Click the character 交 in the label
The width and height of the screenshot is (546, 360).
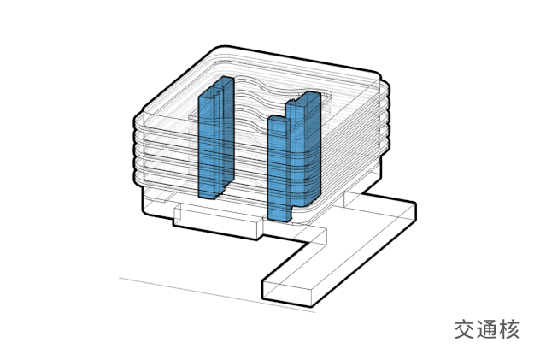pyautogui.click(x=465, y=330)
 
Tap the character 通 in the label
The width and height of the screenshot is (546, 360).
pyautogui.click(x=487, y=330)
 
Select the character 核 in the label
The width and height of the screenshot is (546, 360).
pyautogui.click(x=508, y=330)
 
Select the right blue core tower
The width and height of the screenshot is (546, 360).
pyautogui.click(x=294, y=156)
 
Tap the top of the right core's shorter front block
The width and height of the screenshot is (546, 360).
pyautogui.click(x=279, y=120)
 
